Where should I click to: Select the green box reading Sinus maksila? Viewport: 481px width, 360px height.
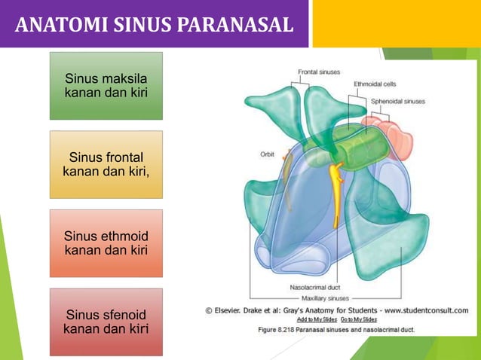(x=106, y=86)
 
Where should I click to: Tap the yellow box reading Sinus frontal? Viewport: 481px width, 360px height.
(x=106, y=164)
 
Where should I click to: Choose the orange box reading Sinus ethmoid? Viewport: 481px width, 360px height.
(x=106, y=243)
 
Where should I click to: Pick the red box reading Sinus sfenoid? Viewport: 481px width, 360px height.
(x=106, y=322)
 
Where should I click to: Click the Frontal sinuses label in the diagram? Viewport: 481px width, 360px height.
(x=317, y=72)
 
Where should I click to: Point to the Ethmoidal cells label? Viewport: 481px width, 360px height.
(x=375, y=84)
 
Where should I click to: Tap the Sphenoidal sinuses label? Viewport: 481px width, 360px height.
(x=397, y=100)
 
